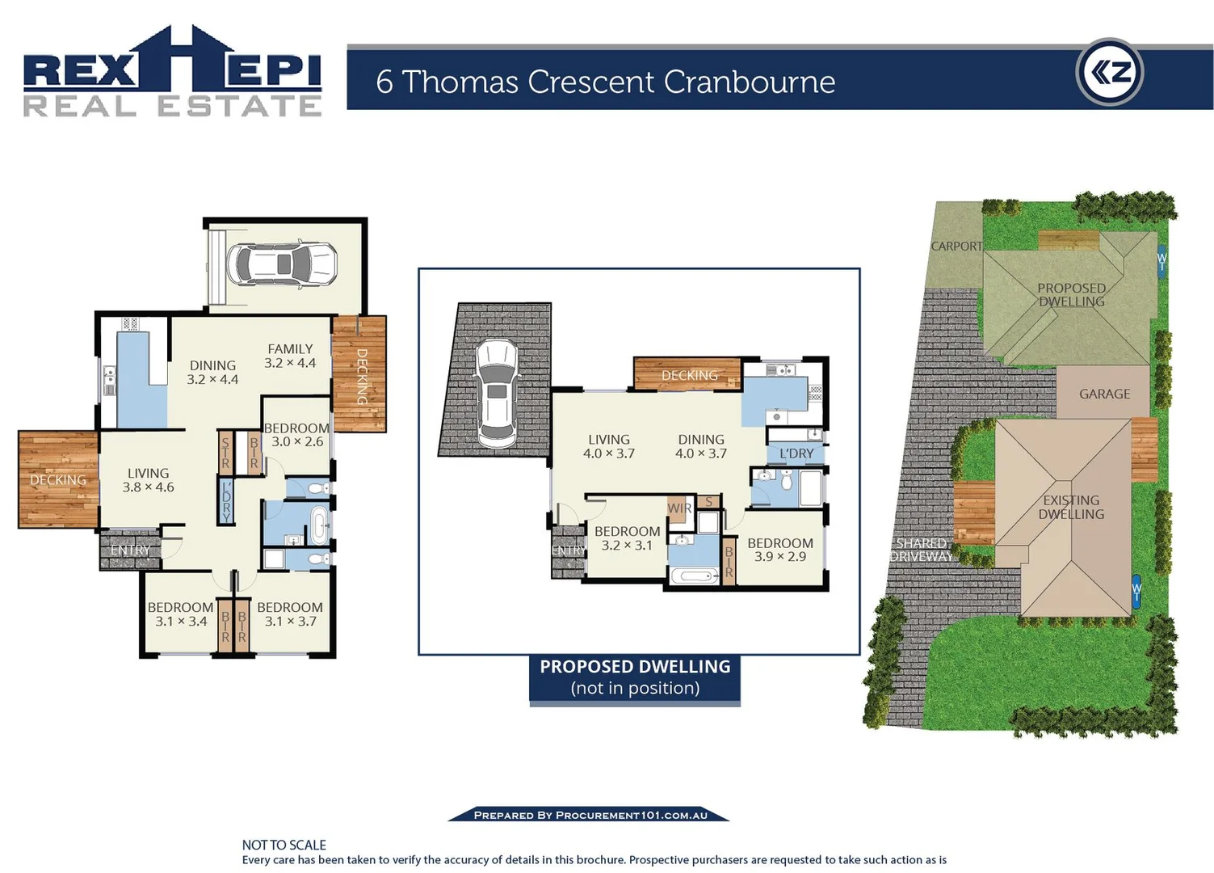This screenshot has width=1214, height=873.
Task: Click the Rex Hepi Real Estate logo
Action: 172,73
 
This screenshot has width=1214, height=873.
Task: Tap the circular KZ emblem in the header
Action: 1110,73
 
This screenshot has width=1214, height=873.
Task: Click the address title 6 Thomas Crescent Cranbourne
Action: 605,82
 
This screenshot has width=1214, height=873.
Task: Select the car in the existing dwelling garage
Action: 282,264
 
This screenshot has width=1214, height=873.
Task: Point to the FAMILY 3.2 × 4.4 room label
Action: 290,356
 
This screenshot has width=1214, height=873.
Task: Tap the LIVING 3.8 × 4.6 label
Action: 148,480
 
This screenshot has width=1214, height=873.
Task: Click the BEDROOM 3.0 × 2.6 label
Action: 296,435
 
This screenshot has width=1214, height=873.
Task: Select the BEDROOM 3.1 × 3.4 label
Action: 180,614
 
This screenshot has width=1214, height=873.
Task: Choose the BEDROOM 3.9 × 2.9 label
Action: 779,550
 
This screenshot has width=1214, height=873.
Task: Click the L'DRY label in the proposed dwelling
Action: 796,453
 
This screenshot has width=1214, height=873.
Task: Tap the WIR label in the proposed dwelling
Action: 678,508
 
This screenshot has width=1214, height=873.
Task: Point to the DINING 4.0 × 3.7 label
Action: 700,446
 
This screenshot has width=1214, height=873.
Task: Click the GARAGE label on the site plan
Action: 1104,394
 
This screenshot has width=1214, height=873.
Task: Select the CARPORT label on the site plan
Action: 956,246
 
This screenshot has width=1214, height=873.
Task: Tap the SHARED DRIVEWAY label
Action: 922,550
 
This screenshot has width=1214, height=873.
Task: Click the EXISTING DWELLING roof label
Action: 1071,507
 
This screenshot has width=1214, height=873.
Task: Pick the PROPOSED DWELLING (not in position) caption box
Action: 635,677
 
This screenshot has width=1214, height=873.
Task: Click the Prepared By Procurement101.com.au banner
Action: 590,815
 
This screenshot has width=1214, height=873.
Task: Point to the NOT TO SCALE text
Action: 284,845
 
